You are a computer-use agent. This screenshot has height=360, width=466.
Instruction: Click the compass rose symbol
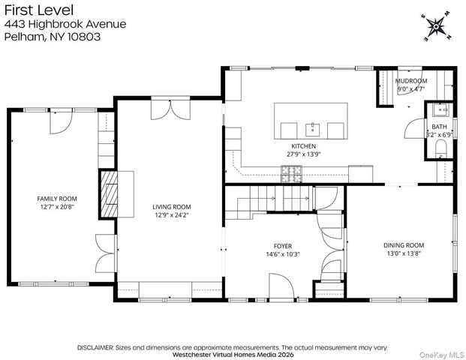click(x=436, y=27)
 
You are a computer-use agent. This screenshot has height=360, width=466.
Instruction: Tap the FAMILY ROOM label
click(x=57, y=199)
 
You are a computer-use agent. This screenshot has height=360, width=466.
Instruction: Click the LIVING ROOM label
click(x=172, y=207)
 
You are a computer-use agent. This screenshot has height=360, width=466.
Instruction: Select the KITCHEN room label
click(x=303, y=146)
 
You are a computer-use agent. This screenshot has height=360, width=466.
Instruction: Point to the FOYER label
click(x=283, y=246)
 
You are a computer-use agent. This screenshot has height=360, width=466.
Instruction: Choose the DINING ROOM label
click(x=404, y=245)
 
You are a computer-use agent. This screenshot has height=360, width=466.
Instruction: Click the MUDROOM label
click(x=411, y=81)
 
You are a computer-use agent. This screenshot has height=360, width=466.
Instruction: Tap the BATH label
click(x=439, y=127)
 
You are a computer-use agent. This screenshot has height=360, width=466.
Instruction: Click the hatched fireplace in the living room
click(x=109, y=194)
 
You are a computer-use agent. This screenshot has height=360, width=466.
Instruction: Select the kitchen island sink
click(x=313, y=130)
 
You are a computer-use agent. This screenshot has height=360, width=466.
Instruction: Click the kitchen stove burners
click(x=292, y=174)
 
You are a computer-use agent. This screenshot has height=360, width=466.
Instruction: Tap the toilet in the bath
click(x=440, y=148)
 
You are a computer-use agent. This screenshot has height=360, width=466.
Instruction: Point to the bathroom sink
click(x=441, y=109)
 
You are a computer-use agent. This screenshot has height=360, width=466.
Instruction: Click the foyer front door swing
click(x=281, y=286)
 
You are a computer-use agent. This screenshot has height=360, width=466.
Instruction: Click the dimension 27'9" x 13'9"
click(x=304, y=154)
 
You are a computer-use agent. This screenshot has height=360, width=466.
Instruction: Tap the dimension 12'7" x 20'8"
click(x=57, y=207)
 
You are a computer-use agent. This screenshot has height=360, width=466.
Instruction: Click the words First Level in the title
click(x=39, y=10)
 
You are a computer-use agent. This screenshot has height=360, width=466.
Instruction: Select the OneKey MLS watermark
click(x=441, y=355)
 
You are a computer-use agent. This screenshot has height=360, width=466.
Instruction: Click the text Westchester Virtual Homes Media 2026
click(x=233, y=355)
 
